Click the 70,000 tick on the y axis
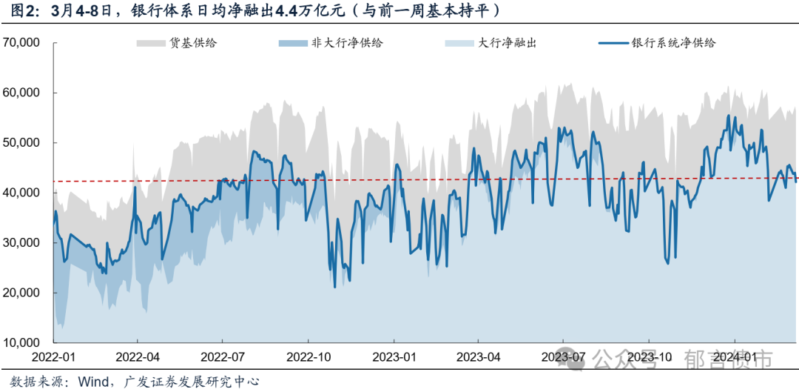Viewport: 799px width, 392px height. tap(21, 43)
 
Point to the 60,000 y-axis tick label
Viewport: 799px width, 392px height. tap(21, 93)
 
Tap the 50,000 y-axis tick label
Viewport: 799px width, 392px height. tap(21, 143)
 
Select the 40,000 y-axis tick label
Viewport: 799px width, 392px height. tap(21, 193)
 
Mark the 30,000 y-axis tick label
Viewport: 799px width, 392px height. tap(21, 243)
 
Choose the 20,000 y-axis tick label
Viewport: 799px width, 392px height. tap(21, 293)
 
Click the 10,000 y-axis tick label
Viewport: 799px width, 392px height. tap(21, 343)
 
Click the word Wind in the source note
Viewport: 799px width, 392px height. tap(93, 382)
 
